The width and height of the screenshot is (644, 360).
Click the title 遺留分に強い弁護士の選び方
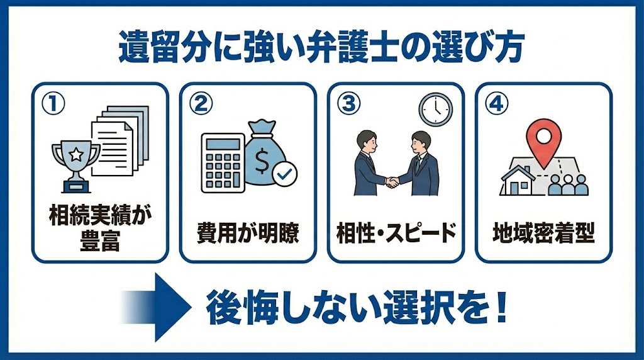pos(321,48)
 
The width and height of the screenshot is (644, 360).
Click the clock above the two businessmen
pos(435,109)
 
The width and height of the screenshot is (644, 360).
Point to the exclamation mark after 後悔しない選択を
pos(501,307)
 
